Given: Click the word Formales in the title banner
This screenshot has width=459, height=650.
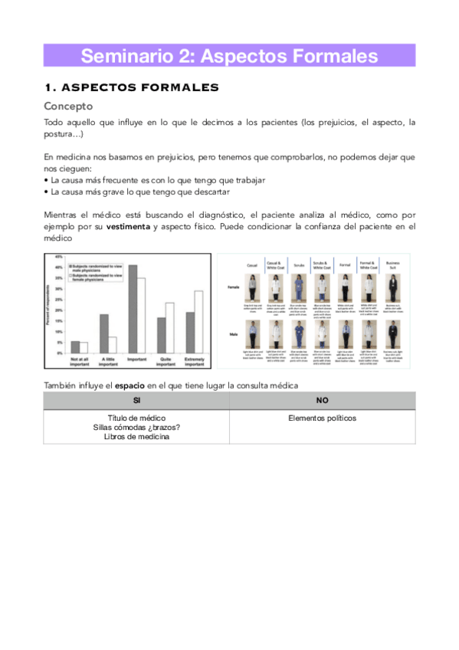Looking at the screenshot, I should pos(336,56).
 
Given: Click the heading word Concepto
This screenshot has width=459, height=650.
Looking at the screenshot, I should pos(68,106).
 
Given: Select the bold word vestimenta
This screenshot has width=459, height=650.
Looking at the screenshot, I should pos(128,227).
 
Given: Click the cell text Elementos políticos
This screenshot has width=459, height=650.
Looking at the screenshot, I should pos(322,419).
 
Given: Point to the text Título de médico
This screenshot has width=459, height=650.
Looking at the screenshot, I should pos(136,419).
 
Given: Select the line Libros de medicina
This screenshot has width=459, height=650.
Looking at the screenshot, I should pos(136,437).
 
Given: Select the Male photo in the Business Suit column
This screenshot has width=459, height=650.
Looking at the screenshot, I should pos(394,334).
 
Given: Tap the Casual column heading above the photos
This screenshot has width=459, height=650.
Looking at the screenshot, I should pos(252,265).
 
